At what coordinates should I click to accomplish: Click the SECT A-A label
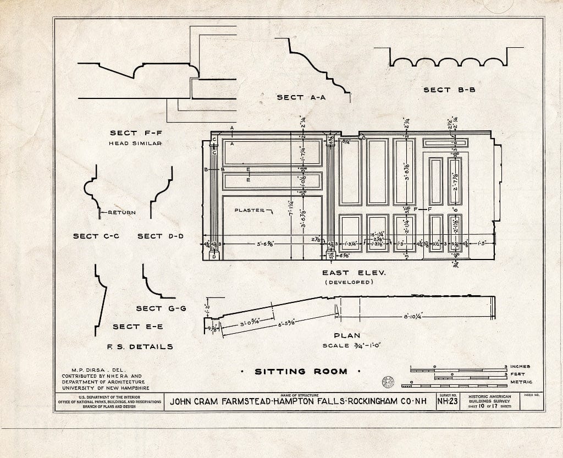tap(301, 97)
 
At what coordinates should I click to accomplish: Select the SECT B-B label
tap(449, 90)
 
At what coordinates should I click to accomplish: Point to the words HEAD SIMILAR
tap(135, 143)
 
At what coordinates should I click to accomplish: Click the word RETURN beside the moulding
tap(121, 212)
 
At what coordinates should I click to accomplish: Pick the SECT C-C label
tap(96, 236)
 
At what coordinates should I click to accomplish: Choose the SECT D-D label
tap(160, 236)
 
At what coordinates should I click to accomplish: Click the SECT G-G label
tap(161, 308)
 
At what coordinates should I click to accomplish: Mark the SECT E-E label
tap(137, 327)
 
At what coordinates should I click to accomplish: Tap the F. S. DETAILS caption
tap(140, 346)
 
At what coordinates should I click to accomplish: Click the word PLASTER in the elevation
tap(250, 210)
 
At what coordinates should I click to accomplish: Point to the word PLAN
tap(347, 335)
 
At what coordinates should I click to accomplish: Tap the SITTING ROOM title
tap(301, 371)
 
